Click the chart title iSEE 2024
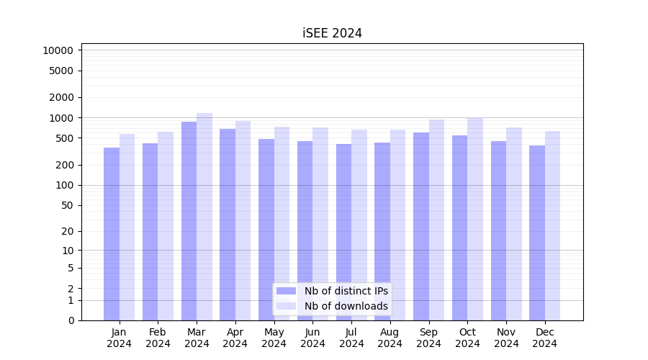coord(332,33)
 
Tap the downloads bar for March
coord(204,216)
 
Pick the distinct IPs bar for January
coord(112,234)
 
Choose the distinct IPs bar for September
coord(421,226)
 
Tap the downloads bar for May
coord(282,223)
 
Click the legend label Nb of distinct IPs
coord(346,291)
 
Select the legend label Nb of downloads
coord(346,306)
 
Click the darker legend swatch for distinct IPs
coord(286,291)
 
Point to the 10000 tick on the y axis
coord(58,50)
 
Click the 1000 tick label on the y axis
coord(60,117)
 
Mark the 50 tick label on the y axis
coord(66,205)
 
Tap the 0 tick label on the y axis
coord(71,320)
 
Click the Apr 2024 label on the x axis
coord(235,338)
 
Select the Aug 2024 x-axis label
coord(390,338)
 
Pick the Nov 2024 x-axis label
coord(506,338)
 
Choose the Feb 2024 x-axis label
coord(158,338)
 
